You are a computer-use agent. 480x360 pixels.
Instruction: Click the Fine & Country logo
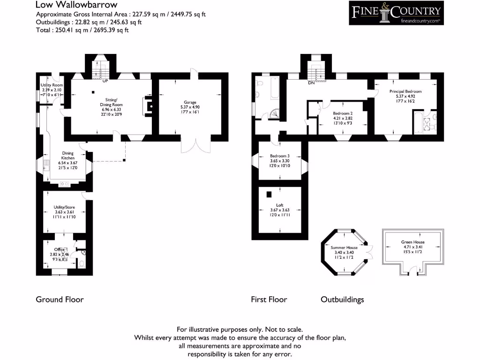tap(396, 13)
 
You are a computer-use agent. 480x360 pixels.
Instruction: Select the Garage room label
tap(190, 102)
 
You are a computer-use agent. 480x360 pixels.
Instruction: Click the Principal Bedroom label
tap(405, 91)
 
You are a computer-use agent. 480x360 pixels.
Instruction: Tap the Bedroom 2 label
tap(343, 113)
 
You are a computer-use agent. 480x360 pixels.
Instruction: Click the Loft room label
tap(280, 205)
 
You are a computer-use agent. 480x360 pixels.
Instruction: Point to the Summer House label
tap(344, 247)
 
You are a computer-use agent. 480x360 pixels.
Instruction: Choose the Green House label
tap(412, 242)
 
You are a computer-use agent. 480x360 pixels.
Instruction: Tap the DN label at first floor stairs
tap(311, 83)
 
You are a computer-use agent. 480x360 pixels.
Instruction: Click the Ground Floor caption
tap(60, 300)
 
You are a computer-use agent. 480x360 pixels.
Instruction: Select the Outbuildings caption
tap(342, 300)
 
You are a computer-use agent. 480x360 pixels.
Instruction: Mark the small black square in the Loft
tap(270, 194)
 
